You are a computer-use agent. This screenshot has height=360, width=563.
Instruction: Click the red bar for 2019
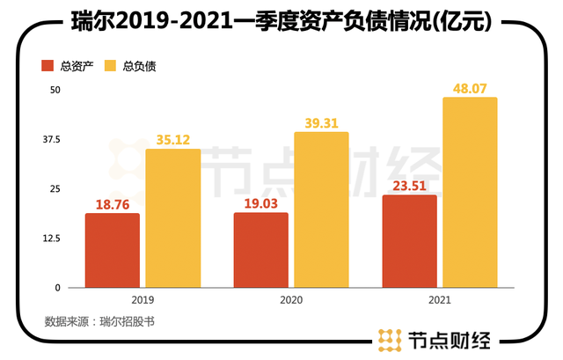pos(112,251)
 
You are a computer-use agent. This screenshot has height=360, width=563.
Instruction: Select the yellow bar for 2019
pos(172,218)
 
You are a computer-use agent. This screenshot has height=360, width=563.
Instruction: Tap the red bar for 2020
pos(260,250)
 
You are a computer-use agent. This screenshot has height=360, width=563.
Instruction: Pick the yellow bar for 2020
pos(321,209)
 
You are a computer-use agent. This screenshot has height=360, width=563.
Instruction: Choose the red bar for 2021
pos(409,241)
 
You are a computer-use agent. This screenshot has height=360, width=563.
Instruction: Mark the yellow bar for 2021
pos(470,192)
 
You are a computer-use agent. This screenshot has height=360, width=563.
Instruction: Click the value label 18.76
pos(112,203)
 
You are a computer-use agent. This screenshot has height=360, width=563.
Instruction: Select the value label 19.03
pos(260,202)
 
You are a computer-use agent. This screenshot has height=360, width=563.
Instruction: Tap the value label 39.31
pos(321,121)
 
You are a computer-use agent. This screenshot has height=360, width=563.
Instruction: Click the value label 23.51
pos(409,185)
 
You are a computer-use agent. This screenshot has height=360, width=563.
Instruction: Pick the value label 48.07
pos(470,87)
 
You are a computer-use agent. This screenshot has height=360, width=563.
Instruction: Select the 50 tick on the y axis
pos(54,91)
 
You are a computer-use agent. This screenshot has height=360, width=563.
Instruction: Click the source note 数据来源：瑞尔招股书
pos(99,321)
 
